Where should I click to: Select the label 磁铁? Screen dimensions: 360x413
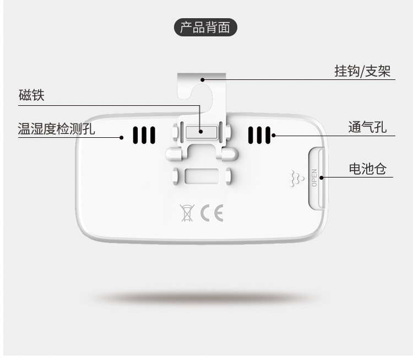click(32, 95)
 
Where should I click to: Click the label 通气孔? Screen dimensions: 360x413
click(367, 127)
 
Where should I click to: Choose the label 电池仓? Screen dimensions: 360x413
click(367, 169)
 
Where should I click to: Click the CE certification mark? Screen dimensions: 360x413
click(211, 213)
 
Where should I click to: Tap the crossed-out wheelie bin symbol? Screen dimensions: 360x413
click(187, 213)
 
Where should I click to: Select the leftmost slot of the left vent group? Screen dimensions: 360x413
click(134, 135)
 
